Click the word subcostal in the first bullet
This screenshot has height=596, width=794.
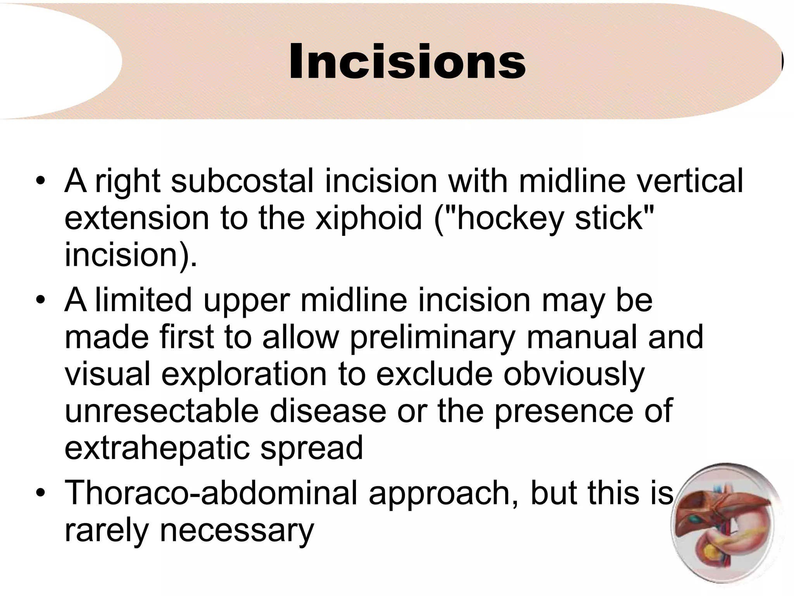point(242,181)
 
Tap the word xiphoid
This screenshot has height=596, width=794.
point(368,218)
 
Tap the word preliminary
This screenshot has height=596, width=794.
point(432,338)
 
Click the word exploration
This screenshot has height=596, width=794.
point(244,375)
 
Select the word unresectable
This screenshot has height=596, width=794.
point(161,411)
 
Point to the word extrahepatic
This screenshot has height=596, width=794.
point(157,449)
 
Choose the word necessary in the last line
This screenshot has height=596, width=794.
point(236,531)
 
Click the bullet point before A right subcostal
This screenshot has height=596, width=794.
point(40,181)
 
